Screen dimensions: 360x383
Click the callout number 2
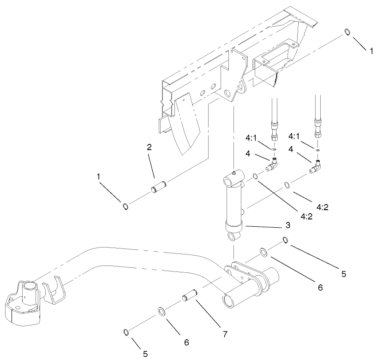[149, 148]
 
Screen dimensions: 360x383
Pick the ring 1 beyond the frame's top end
[347, 32]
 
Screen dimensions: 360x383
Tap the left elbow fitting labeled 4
[273, 163]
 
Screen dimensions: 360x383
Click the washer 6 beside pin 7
[162, 310]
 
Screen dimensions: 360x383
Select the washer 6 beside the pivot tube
[263, 252]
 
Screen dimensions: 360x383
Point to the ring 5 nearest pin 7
[126, 332]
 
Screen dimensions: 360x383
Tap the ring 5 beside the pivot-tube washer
[286, 240]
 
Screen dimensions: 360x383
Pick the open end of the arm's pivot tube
[228, 301]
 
